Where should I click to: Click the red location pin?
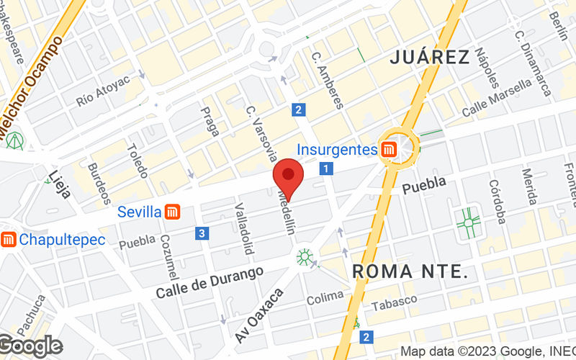[x=289, y=178]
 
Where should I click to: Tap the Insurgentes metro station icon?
[x=389, y=150]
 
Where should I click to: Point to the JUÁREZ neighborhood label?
[x=430, y=58]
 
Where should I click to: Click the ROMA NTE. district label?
[x=410, y=271]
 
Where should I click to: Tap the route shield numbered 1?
[x=327, y=169]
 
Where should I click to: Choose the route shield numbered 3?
[x=202, y=233]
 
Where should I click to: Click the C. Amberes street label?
[x=328, y=79]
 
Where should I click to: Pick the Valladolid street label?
[x=244, y=229]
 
